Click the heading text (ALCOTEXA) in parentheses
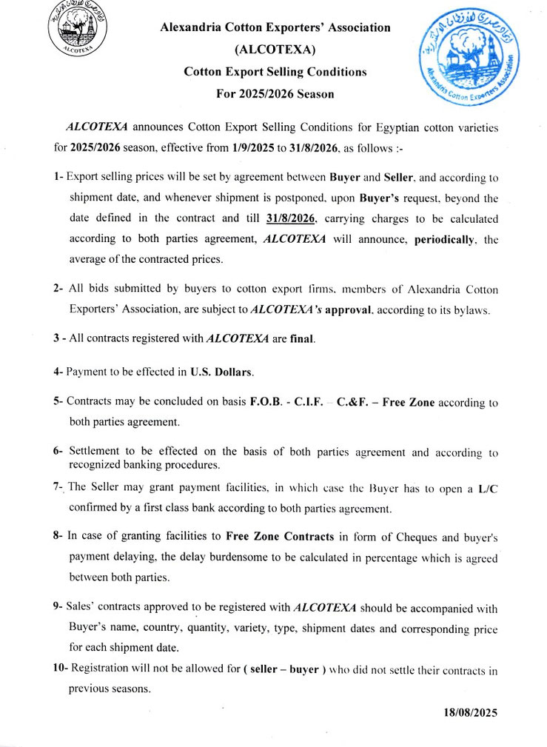[x=275, y=50]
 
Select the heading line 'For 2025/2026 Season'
[x=275, y=94]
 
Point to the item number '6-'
[x=58, y=451]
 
